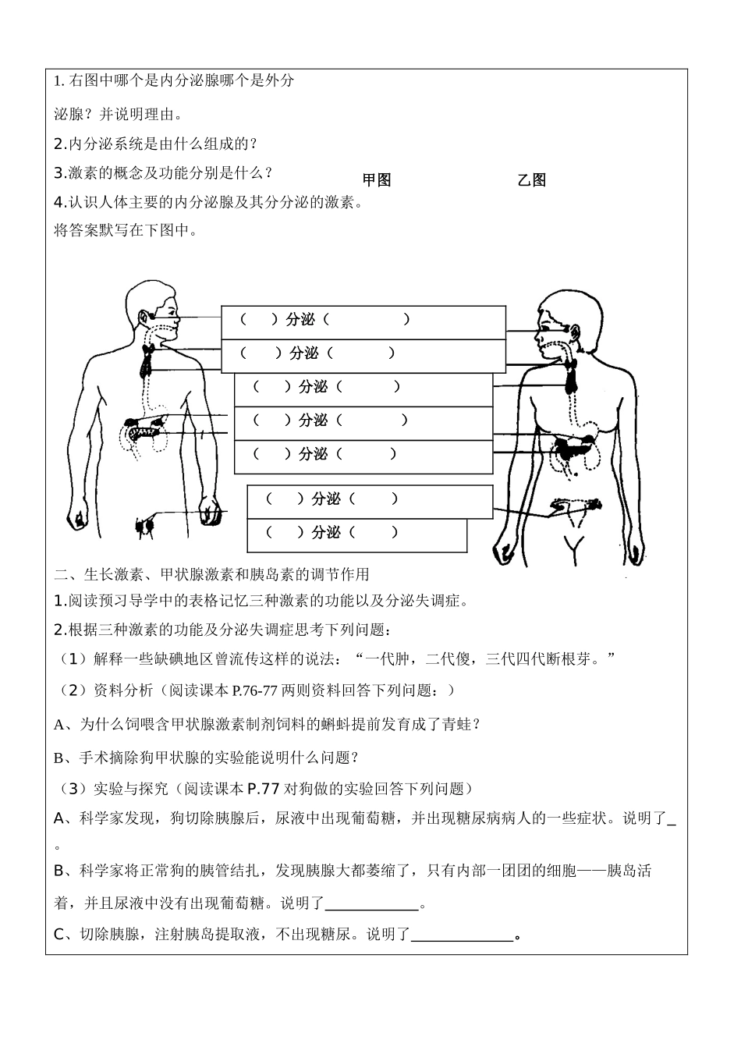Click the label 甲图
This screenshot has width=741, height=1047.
[377, 180]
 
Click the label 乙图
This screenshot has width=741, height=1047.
[531, 180]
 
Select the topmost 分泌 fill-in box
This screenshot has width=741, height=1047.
[363, 321]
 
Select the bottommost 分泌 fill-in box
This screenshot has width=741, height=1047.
[356, 534]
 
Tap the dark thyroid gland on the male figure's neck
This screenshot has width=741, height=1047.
[146, 360]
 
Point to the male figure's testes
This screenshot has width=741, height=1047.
[145, 527]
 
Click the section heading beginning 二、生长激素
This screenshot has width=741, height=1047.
[211, 574]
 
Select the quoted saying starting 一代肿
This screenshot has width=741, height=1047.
[484, 659]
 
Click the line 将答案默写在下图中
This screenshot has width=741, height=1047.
[126, 231]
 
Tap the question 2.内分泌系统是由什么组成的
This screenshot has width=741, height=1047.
[155, 144]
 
